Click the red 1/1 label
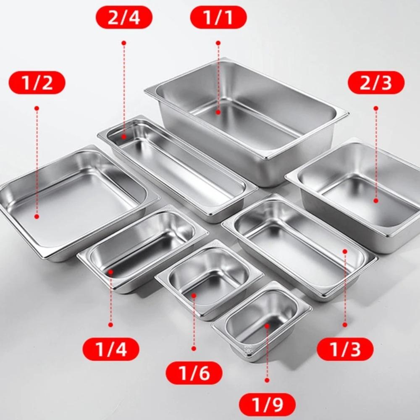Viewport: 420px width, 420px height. [218, 18]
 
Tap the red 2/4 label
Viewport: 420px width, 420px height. [124, 18]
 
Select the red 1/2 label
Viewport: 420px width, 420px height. [37, 82]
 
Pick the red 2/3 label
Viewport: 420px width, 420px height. [376, 82]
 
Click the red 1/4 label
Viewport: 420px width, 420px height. [111, 349]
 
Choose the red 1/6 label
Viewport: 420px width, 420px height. [194, 373]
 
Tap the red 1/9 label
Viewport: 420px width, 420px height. [267, 405]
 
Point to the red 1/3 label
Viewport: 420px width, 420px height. [345, 349]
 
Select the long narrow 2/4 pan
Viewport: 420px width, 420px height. [176, 168]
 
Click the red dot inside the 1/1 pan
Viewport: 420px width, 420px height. [218, 112]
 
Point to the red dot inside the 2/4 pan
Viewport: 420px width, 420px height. [124, 136]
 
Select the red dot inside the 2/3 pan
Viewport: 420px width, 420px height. [376, 200]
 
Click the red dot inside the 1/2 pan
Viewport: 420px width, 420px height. [37, 216]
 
